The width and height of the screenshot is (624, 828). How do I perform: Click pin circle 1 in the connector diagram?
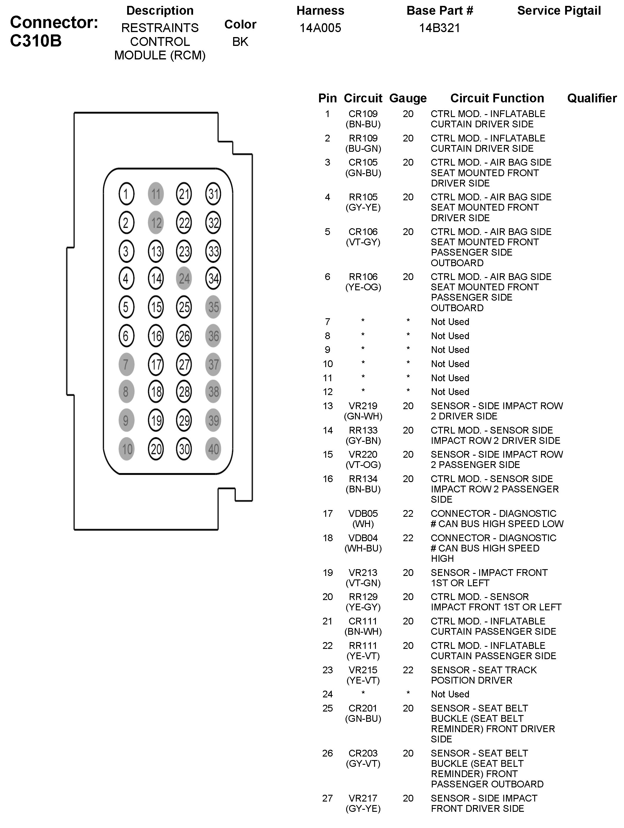tap(126, 194)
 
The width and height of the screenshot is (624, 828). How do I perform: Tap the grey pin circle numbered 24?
tap(184, 279)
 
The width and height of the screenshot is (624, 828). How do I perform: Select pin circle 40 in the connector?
tap(213, 449)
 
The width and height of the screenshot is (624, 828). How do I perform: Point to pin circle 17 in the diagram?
tap(156, 364)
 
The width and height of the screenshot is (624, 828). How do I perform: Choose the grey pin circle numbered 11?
tap(156, 194)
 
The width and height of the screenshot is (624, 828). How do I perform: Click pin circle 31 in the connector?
tap(213, 194)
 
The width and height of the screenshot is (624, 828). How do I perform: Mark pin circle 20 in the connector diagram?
tap(156, 449)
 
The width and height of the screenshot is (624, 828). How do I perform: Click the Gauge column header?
tap(408, 98)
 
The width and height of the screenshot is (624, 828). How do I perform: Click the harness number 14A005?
tap(320, 28)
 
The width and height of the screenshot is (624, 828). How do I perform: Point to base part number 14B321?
tap(439, 28)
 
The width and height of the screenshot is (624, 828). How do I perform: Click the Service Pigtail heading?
tap(559, 11)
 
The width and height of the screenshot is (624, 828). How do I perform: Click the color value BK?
tap(240, 41)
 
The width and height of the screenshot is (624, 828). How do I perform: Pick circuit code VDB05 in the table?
tap(363, 514)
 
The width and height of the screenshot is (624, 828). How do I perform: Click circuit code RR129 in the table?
tap(363, 597)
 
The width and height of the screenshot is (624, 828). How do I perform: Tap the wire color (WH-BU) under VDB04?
tap(363, 548)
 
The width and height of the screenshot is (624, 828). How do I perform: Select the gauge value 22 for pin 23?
tap(408, 670)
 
